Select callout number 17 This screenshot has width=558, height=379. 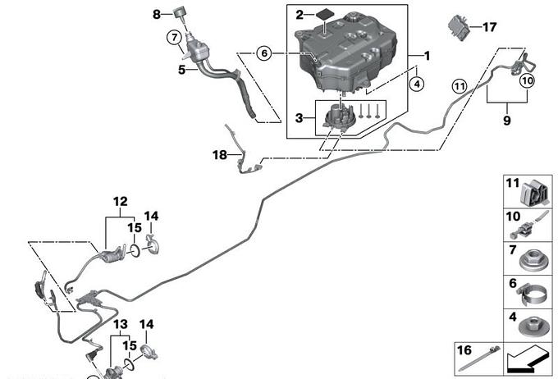[489, 27]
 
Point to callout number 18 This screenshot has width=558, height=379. [219, 154]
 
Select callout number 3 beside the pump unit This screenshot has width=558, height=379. [300, 118]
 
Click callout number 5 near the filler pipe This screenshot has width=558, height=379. [182, 71]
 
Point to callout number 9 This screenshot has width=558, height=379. [506, 121]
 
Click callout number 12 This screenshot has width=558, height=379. [121, 201]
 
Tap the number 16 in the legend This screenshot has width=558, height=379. [464, 350]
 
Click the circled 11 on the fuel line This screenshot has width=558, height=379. [458, 85]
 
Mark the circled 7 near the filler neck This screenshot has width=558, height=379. [173, 37]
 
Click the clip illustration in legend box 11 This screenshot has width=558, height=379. [534, 193]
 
